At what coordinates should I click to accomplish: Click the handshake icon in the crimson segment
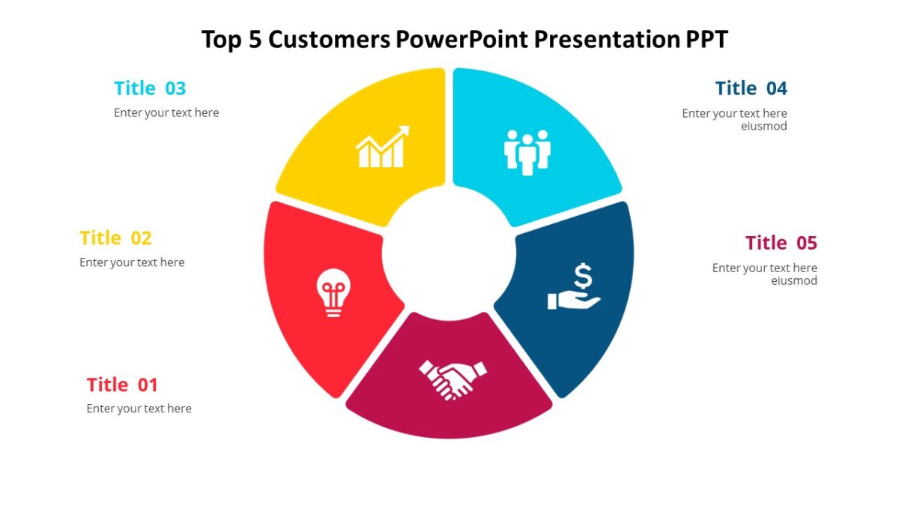[452, 379]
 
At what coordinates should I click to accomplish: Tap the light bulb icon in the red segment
[333, 292]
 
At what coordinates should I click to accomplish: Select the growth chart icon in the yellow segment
[383, 148]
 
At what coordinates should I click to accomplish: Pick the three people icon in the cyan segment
[527, 152]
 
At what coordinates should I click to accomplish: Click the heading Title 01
[122, 385]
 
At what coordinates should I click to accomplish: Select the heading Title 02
[115, 238]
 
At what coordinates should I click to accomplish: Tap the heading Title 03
[150, 88]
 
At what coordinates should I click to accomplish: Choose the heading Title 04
[751, 88]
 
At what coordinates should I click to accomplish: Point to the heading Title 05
[781, 243]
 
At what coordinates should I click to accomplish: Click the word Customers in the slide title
[330, 39]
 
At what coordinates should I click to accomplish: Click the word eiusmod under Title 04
[764, 127]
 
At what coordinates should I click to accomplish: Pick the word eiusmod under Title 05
[794, 281]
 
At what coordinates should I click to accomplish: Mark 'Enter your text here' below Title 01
[139, 409]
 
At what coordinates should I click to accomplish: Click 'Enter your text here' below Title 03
[166, 113]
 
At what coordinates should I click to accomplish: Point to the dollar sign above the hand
[584, 276]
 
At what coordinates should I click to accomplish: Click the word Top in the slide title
[218, 39]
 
